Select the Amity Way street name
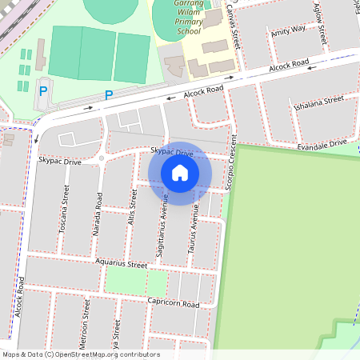(288, 30)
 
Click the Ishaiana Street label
(318, 102)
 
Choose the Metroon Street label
(83, 336)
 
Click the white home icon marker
(180, 173)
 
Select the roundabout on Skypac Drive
(102, 158)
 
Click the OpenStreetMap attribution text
(81, 354)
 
